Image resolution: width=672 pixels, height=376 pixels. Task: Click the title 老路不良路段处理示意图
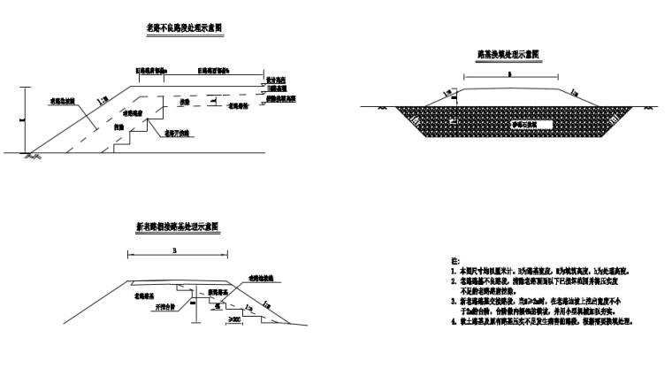[183, 29]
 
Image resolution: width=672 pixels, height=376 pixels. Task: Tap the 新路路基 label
[218, 292]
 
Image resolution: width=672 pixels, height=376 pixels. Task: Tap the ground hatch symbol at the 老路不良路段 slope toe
[33, 155]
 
